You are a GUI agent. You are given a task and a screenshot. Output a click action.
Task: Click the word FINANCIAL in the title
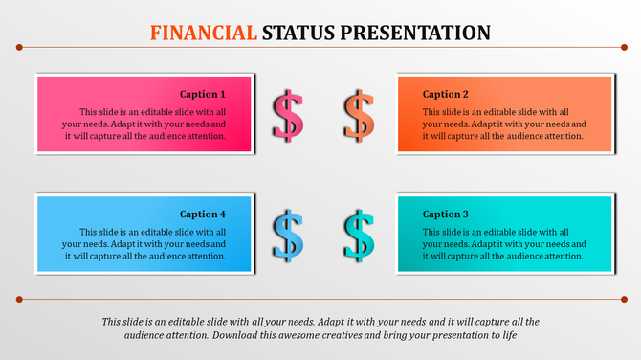pos(204,33)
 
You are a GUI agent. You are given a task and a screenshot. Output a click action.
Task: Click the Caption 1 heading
pos(203,94)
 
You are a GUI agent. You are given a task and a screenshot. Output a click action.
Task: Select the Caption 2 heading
pos(446,94)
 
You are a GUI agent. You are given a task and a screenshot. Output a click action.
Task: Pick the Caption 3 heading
pos(446,214)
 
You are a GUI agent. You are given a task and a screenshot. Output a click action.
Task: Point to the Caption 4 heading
pos(203,214)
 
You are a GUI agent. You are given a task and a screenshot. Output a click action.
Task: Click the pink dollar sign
pos(287,115)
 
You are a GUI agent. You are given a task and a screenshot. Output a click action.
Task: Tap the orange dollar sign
pos(359,115)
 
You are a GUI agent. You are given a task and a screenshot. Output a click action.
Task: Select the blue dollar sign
pos(287,235)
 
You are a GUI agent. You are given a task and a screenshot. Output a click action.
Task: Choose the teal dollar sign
pos(359,235)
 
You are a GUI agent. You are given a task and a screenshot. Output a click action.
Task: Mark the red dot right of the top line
pos(624,47)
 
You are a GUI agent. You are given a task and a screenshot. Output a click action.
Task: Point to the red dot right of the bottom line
pos(624,299)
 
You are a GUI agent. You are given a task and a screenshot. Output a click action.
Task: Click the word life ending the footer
pos(507,336)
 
